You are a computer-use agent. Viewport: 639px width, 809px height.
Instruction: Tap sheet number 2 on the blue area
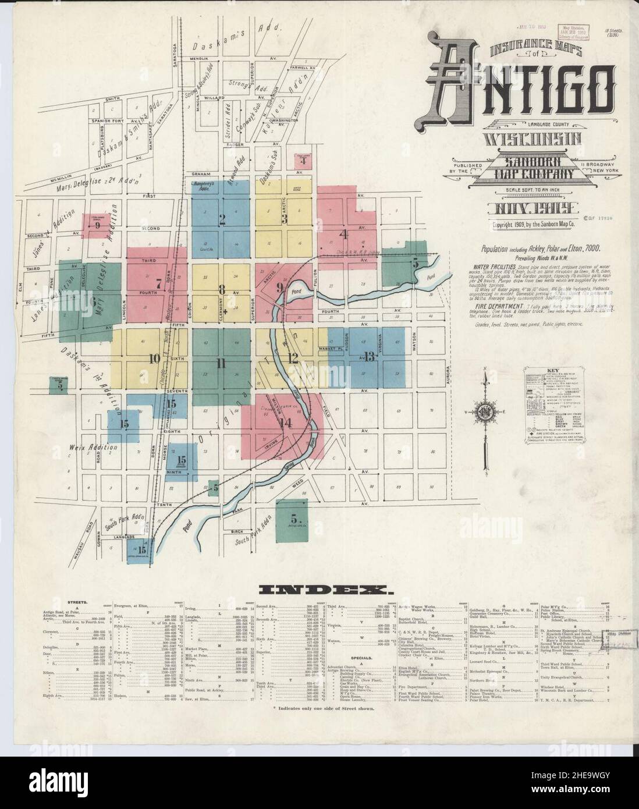222,219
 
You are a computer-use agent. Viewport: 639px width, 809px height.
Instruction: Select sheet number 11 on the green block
221,364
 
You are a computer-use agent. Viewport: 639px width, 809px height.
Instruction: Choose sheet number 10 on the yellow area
154,359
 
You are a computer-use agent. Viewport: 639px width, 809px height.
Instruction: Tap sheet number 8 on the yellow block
221,289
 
